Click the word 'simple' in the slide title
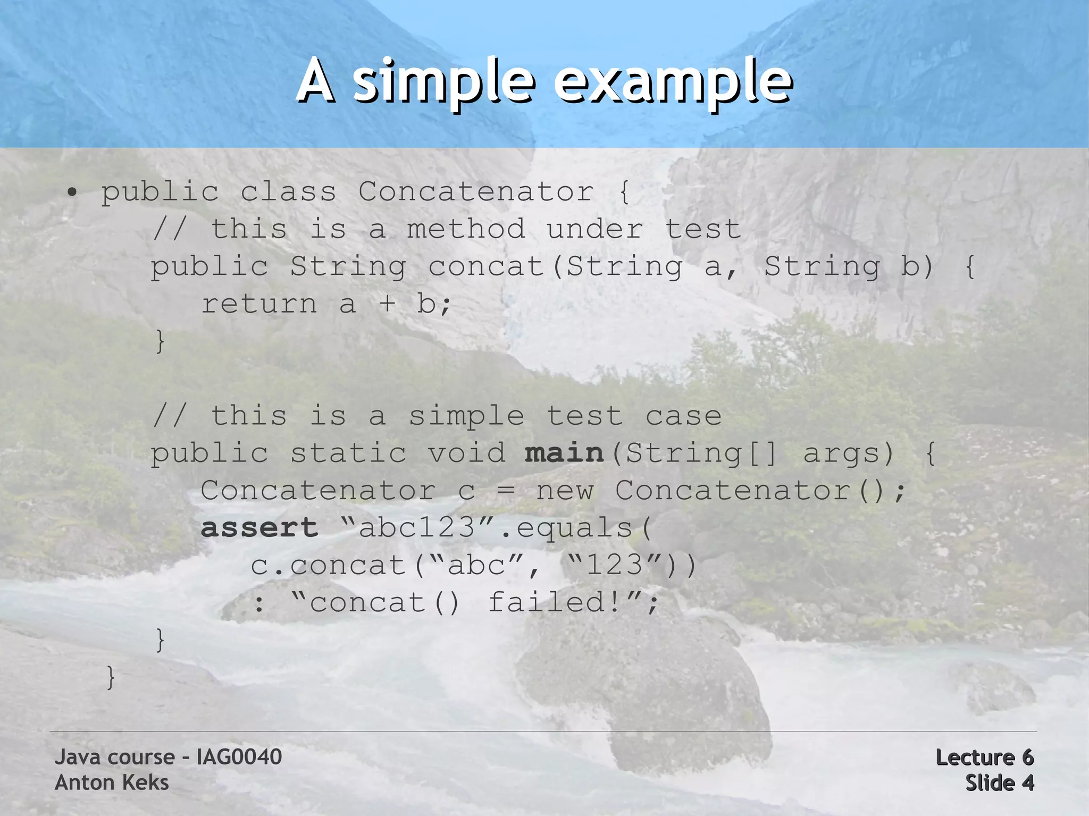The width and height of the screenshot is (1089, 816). [x=443, y=82]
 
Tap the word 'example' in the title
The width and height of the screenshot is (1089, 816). [x=673, y=82]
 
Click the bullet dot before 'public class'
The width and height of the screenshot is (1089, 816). [x=73, y=192]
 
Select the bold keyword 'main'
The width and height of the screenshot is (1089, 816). [x=564, y=453]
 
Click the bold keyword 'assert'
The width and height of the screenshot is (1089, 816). [x=259, y=528]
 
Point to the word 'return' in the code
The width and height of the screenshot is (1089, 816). [x=259, y=304]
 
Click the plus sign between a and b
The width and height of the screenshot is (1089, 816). [x=387, y=304]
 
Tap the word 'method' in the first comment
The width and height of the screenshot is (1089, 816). [x=466, y=229]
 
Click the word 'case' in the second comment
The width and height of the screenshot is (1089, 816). [x=683, y=416]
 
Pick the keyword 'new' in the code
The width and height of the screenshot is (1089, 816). [x=565, y=491]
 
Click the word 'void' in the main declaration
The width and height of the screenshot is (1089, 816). [x=466, y=453]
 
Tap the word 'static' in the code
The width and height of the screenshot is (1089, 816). [x=348, y=453]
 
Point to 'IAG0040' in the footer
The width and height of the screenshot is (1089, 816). [x=239, y=757]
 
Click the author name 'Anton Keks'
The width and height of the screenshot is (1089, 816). [x=112, y=783]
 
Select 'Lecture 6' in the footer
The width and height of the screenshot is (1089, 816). [x=984, y=757]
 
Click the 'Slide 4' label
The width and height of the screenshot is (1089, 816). [x=999, y=783]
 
